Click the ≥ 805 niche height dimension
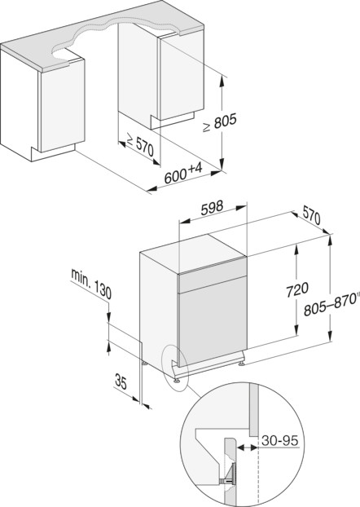click(220, 122)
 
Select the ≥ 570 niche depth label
click(140, 145)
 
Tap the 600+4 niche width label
click(183, 174)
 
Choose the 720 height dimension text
click(297, 289)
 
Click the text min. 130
click(91, 284)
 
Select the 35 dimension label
click(121, 381)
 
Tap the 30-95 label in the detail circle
click(280, 440)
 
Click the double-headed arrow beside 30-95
click(248, 447)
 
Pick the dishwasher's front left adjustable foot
click(177, 380)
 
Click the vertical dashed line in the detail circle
click(258, 472)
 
